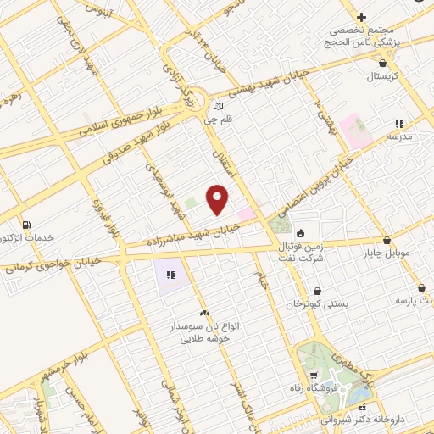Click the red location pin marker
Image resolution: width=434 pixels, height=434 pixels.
[219, 198]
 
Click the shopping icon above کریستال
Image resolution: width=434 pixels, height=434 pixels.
[384, 62]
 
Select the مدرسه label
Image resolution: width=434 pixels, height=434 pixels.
[399, 136]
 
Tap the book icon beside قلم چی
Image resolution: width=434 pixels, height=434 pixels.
[220, 106]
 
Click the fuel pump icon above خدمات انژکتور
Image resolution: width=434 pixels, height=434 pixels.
[29, 225]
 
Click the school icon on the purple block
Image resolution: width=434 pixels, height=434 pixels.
[170, 274]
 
